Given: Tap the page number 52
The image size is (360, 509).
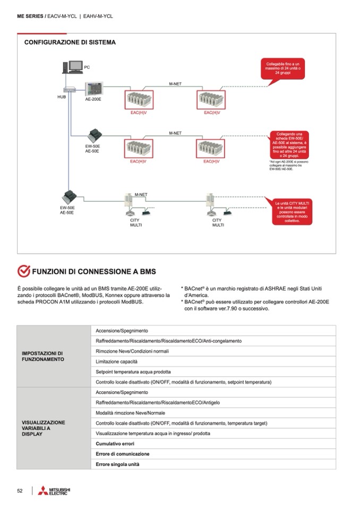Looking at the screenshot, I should [x=20, y=491].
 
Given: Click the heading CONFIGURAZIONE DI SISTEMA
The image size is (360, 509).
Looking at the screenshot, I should [x=70, y=42].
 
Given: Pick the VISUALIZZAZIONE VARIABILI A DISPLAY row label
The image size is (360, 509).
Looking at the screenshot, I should [x=44, y=428].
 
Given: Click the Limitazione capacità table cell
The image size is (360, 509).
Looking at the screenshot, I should [x=116, y=361].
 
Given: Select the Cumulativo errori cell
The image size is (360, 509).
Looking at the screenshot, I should [x=115, y=443].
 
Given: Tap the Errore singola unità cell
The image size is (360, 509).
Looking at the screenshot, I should [x=117, y=464].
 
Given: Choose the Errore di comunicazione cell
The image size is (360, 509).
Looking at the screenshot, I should [x=122, y=454].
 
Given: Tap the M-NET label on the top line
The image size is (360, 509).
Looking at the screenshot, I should [x=175, y=84].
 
